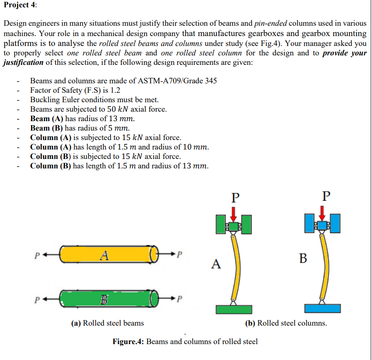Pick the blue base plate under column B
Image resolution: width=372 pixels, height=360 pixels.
pos(322,308)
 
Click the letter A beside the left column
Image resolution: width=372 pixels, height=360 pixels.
pos(216,263)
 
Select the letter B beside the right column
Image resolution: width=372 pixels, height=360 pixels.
pos(303,258)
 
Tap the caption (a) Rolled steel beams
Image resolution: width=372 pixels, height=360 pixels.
pos(108,323)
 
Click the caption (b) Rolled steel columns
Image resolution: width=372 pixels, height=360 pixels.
pos(286,323)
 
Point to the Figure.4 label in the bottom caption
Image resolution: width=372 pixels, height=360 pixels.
pos(128,342)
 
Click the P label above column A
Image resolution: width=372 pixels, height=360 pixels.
pos(234,198)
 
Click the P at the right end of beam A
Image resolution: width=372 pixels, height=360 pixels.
pos(180,254)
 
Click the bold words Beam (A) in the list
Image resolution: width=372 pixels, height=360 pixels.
pos(46,119)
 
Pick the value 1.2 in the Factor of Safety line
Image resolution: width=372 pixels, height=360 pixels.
pos(115,90)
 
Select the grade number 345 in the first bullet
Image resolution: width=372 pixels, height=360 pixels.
pos(210,81)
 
